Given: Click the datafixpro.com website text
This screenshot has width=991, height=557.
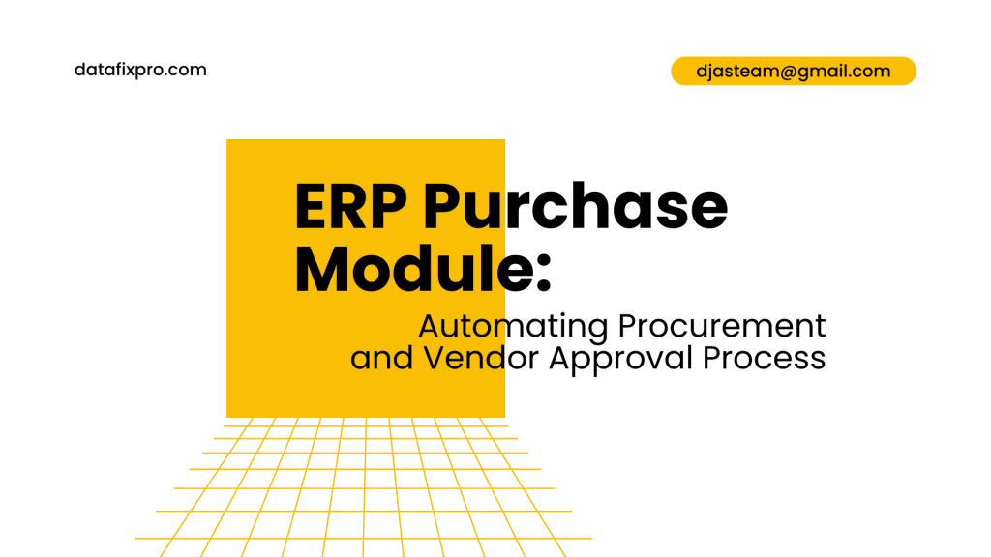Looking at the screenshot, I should [x=140, y=70].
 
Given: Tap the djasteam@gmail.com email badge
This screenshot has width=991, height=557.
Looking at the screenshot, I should [x=793, y=71].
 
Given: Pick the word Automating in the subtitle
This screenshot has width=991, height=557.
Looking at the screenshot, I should [x=513, y=326].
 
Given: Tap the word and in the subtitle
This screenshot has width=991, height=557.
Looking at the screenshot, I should [x=381, y=359].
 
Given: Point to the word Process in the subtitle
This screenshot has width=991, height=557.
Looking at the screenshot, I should [x=765, y=359].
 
